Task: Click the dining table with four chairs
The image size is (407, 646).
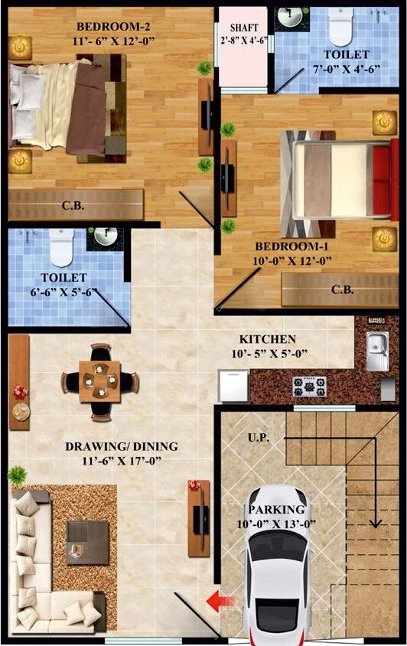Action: (x=100, y=381)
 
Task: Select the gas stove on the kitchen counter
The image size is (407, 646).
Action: (x=308, y=386)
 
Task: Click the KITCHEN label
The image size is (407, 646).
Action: (x=267, y=338)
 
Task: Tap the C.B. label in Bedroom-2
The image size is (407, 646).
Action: (x=73, y=205)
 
